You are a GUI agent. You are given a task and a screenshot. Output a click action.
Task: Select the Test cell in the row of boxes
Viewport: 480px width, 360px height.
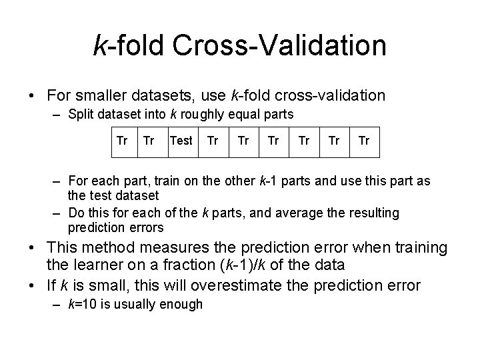tap(181, 141)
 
